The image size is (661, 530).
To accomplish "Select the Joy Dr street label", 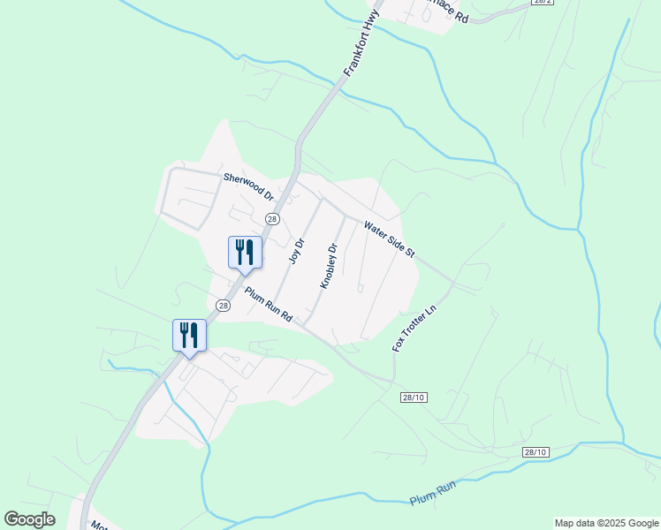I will coord(298,251).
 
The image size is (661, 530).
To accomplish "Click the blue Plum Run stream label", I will coord(433,493).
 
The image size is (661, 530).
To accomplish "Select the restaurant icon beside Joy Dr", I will coord(245,252).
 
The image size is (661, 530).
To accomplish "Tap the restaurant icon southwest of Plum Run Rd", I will coord(189,335).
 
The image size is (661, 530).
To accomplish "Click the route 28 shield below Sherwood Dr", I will coord(272,218).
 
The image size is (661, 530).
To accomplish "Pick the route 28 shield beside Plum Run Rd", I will coord(223,306).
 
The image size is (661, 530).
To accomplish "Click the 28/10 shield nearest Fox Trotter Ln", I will coord(413,397).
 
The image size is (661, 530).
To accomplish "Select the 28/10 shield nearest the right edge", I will coord(536,452).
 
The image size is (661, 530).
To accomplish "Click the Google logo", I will coord(30,519).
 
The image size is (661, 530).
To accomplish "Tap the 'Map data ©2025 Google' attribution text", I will coord(606,523).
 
